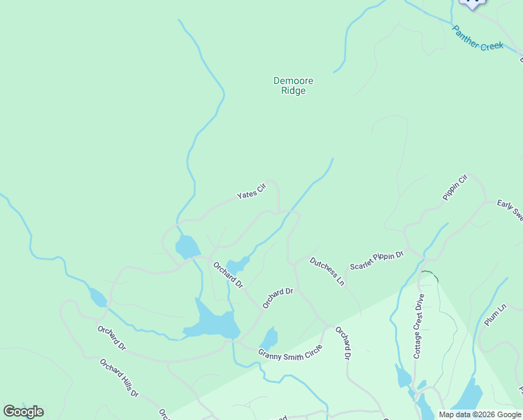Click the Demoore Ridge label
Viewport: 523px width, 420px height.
289,85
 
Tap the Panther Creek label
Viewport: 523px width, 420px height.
478,38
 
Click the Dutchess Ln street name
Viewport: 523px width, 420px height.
327,272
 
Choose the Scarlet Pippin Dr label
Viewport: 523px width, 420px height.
377,261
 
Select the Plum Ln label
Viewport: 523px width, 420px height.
494,314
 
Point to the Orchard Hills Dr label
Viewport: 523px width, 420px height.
118,378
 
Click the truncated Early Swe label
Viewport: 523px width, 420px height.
510,210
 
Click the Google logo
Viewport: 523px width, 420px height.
23,412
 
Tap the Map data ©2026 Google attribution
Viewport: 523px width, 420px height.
480,414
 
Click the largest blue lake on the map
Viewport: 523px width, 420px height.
211,322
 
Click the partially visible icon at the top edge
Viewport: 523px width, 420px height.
472,3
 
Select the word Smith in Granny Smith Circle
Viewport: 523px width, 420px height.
293,351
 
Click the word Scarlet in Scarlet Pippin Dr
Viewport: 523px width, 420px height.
363,264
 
